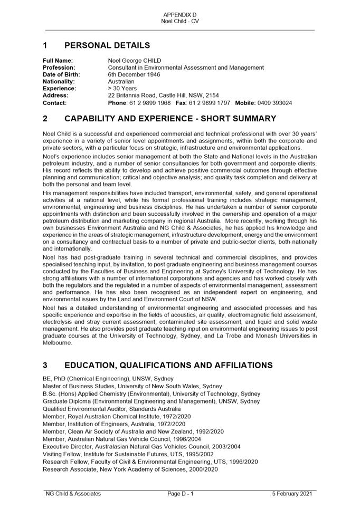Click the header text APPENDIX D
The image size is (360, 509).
tap(180, 14)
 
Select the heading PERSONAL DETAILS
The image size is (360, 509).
tap(107, 46)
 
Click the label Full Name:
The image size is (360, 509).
tap(58, 61)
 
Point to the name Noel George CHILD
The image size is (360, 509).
tap(135, 61)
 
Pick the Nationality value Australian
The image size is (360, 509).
tap(121, 82)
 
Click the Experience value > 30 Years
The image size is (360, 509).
tap(122, 89)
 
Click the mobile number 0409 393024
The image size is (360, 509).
tap(273, 103)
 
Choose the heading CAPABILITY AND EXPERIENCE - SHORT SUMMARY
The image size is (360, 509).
tap(170, 119)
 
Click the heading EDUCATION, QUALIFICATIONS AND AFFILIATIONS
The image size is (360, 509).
tap(168, 366)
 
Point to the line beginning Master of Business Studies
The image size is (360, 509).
tap(125, 386)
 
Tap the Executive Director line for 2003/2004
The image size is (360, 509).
tap(141, 446)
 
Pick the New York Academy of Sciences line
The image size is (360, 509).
tap(130, 469)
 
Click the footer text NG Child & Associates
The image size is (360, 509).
tap(73, 494)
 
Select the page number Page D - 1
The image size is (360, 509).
tap(181, 494)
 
